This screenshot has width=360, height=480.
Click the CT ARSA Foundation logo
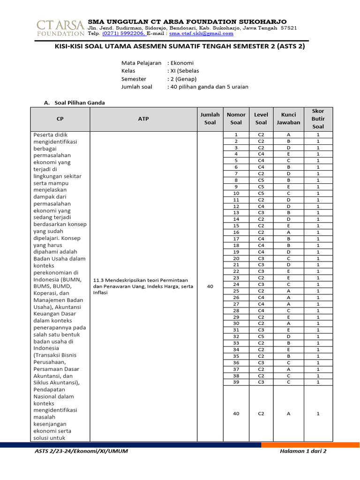(60, 28)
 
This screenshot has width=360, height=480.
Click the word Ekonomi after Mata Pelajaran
(182, 63)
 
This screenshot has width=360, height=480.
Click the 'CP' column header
(60, 119)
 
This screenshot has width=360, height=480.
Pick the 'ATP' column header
(143, 119)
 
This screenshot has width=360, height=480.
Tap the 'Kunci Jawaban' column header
(288, 119)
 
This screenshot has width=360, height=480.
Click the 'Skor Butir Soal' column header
(318, 119)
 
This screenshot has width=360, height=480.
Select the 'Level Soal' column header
(261, 119)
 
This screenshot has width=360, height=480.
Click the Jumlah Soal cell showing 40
(210, 287)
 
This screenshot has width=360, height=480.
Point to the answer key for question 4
(288, 154)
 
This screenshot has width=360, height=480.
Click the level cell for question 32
(261, 337)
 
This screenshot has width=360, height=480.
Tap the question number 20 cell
(236, 258)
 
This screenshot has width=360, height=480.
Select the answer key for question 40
(288, 413)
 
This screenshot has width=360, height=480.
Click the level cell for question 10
(261, 193)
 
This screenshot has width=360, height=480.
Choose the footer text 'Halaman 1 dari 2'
(302, 451)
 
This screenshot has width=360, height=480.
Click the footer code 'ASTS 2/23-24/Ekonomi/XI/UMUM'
(82, 451)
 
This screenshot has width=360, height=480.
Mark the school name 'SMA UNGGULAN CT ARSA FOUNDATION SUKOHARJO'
(187, 22)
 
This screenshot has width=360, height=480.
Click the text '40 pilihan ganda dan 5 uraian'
(210, 87)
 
